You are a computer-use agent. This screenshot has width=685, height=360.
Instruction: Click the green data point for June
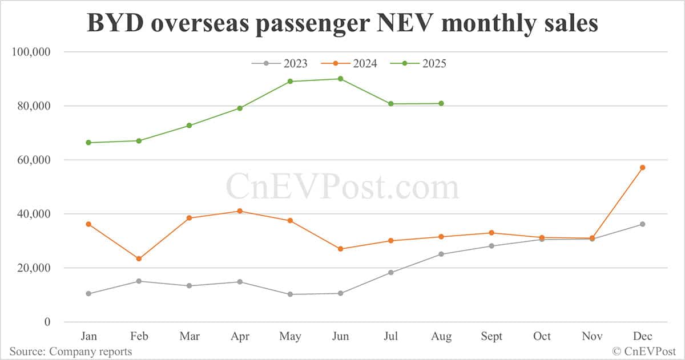coord(341,79)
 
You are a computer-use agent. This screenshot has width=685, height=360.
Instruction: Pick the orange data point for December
coord(642,167)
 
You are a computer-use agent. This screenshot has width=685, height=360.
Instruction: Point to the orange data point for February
coord(139,258)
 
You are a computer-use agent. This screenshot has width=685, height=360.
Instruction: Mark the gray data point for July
coord(391,273)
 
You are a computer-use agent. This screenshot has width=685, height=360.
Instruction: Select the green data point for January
coord(88,143)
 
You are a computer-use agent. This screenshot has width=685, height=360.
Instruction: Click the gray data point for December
coord(642,224)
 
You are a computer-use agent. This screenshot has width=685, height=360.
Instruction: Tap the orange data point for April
coord(240,211)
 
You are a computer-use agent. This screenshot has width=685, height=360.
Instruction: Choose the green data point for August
coord(441,103)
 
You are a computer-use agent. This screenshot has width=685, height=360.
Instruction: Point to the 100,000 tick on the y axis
coord(31,52)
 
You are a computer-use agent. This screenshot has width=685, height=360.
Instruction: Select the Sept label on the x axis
coord(491,337)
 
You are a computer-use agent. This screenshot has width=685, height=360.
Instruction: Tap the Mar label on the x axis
coord(189,337)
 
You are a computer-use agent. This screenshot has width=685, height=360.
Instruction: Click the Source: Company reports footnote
coord(70,351)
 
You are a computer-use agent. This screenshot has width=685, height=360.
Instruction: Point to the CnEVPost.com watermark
coord(342,187)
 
